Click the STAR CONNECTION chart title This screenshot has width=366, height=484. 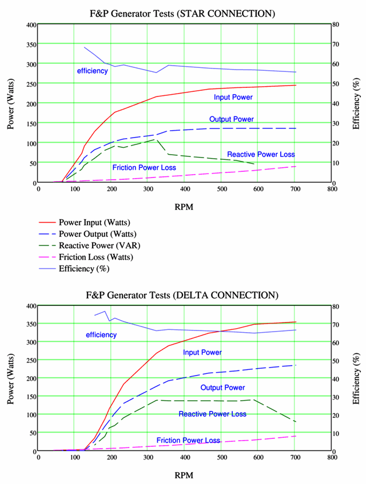point(182,13)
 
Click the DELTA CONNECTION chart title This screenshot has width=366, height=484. point(182,295)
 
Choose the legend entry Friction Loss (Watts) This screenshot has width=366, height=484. point(96,257)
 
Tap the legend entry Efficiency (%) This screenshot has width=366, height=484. point(84,268)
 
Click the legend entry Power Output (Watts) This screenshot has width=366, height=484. point(97,234)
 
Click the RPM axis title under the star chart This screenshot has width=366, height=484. point(184,207)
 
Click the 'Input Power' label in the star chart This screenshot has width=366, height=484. point(233,98)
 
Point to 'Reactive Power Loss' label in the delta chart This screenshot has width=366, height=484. point(212,414)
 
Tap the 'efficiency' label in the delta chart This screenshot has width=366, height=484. point(101,334)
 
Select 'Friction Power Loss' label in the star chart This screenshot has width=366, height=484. point(144,168)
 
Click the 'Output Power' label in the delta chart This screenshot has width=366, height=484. point(222,388)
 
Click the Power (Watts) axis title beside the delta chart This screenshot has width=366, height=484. point(11,378)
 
